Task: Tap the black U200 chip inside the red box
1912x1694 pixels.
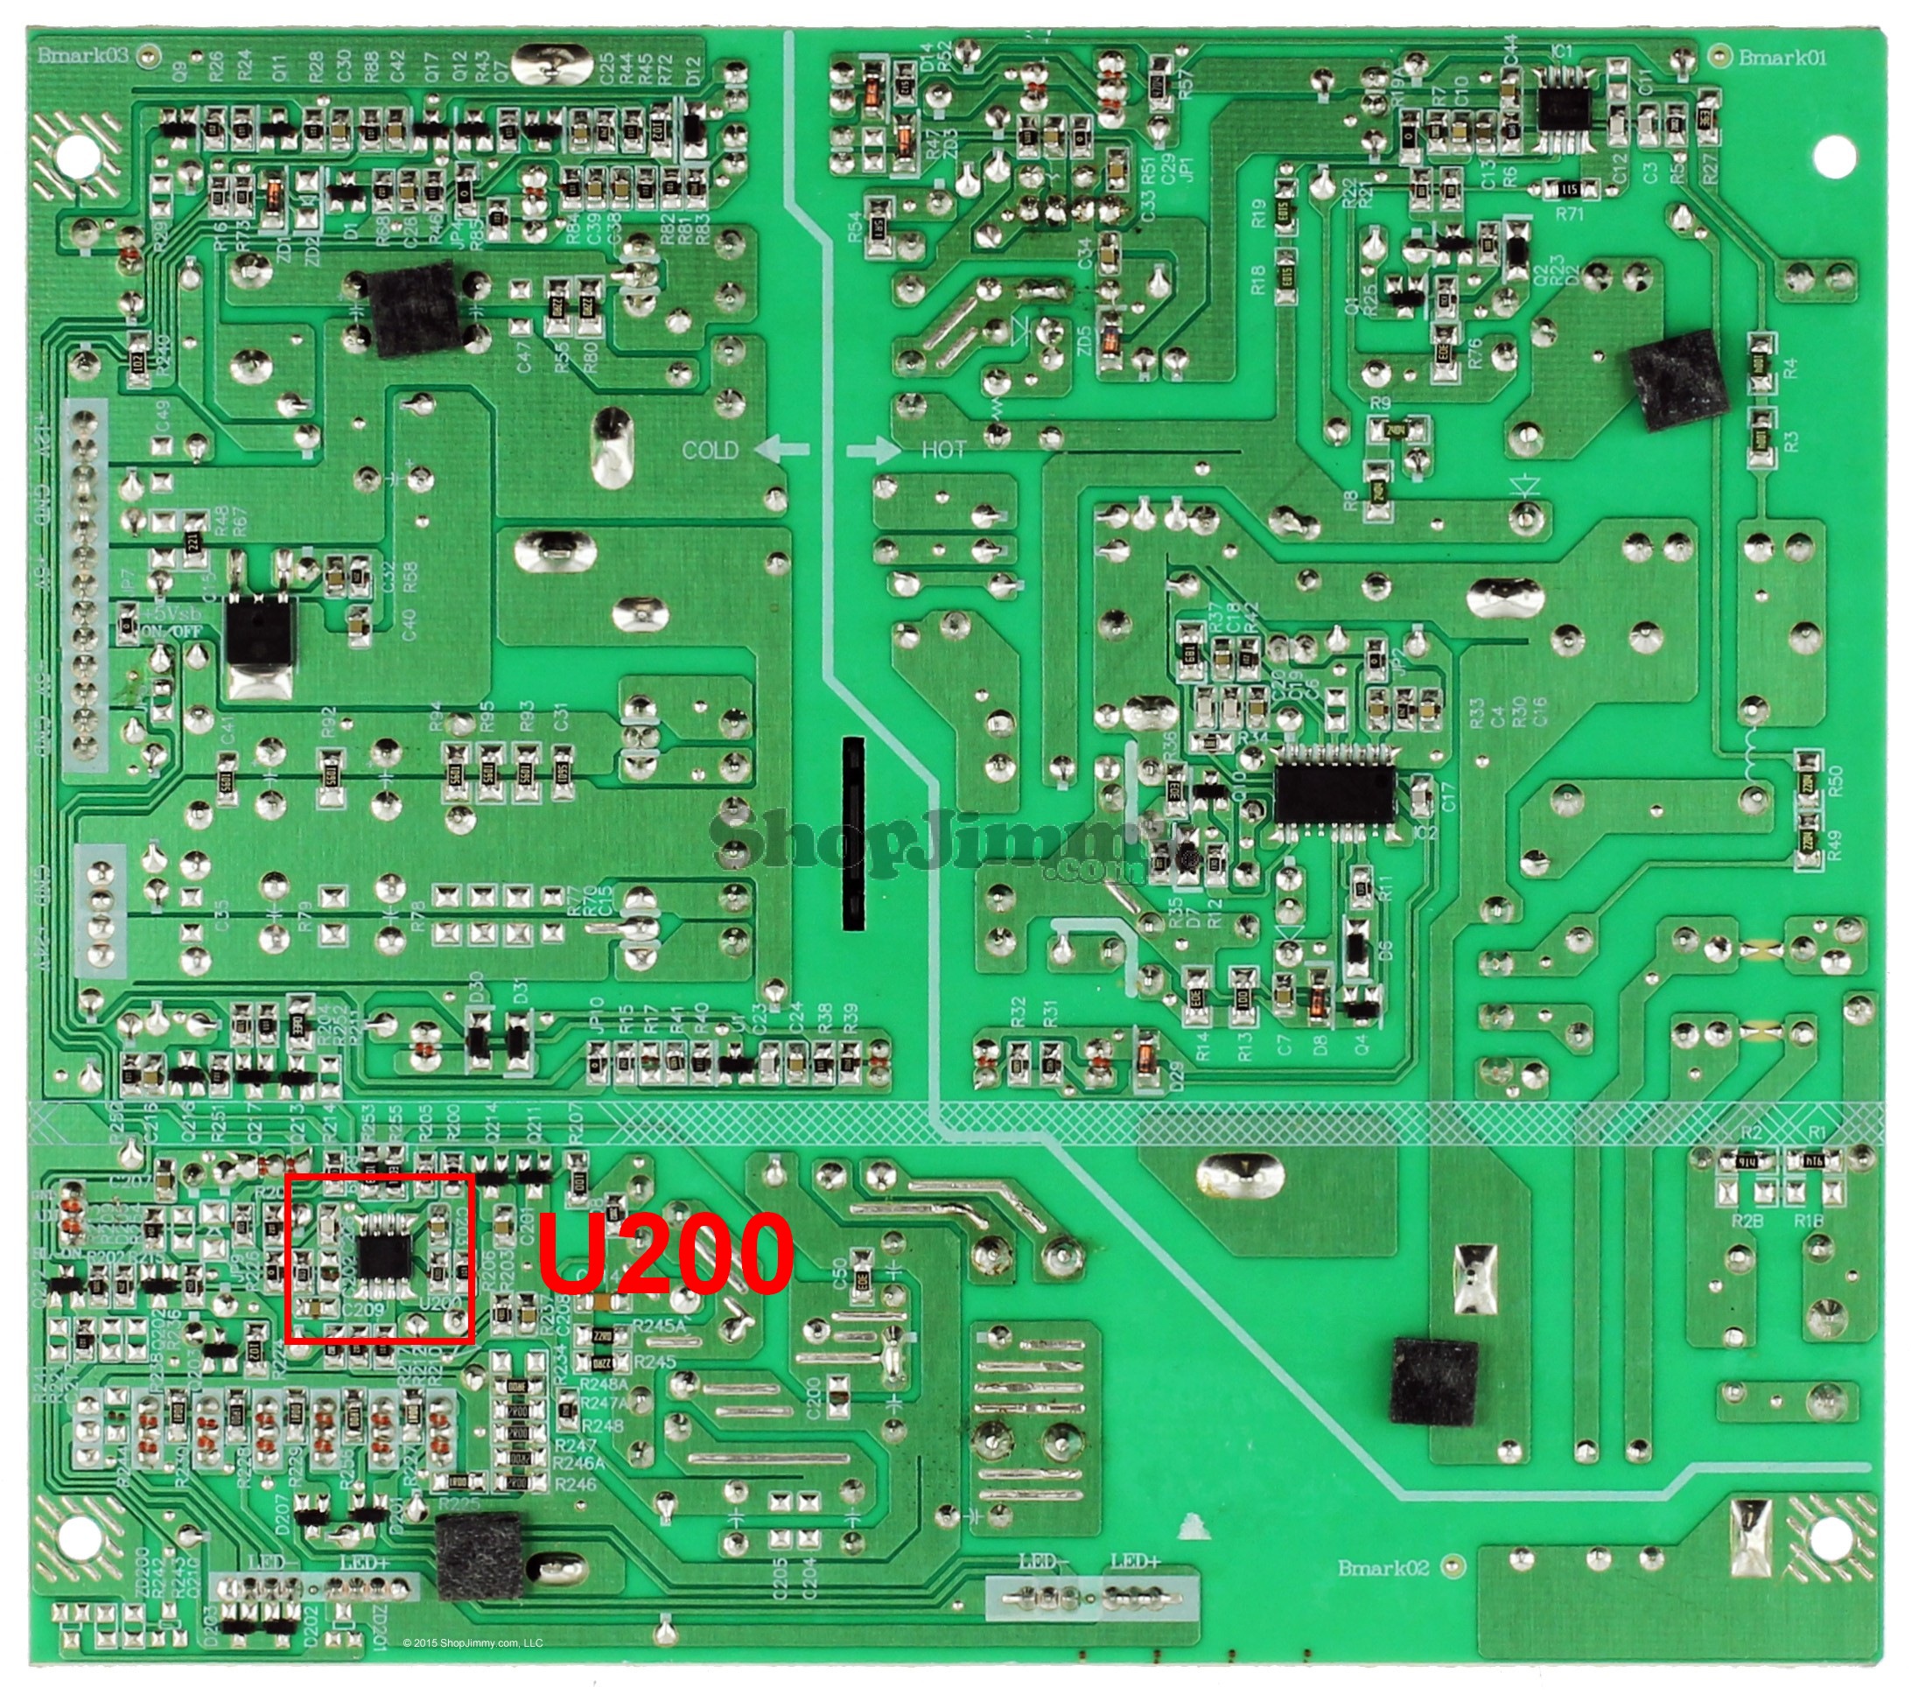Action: click(x=379, y=1252)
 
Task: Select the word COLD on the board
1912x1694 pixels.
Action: click(x=710, y=451)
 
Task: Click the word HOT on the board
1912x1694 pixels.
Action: click(x=943, y=451)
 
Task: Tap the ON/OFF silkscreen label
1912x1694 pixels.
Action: click(x=172, y=633)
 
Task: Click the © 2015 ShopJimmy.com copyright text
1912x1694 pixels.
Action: click(x=473, y=1642)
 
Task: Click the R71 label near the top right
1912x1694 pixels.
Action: click(x=1570, y=213)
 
